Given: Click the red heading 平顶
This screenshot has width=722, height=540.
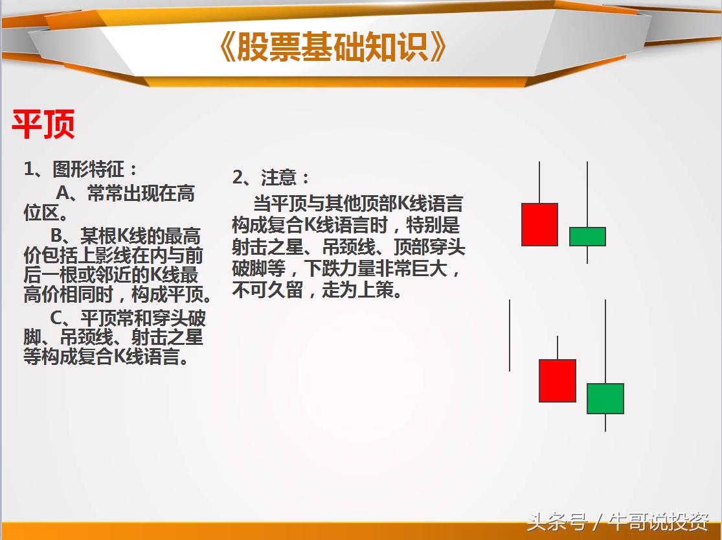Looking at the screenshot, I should (x=43, y=125).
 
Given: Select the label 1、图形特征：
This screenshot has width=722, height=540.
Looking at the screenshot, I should (x=81, y=170).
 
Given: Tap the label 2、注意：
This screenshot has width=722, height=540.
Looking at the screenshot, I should (x=271, y=177).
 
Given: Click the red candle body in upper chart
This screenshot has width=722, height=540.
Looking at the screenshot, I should (x=539, y=224).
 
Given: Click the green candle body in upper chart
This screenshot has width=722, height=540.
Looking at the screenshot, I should (x=587, y=237).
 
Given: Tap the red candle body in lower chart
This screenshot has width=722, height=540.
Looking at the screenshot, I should (x=557, y=381).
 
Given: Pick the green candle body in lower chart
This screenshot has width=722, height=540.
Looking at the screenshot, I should (x=605, y=398).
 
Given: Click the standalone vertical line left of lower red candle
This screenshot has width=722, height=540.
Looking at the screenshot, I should (x=510, y=335).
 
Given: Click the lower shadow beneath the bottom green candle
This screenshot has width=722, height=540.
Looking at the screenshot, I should (x=605, y=422).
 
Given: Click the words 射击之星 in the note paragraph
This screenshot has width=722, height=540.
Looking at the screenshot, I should (x=262, y=248).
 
